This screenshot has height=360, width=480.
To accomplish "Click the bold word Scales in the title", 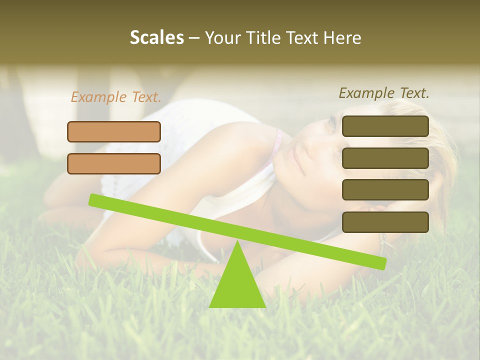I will [x=156, y=38].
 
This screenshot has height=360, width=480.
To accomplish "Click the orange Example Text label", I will [x=116, y=97].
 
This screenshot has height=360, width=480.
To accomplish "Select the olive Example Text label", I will [x=384, y=93].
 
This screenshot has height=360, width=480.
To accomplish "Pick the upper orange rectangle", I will [x=114, y=131].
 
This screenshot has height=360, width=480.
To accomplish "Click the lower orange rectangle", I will [x=114, y=163].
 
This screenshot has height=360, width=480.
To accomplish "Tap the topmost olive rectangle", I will [x=385, y=126].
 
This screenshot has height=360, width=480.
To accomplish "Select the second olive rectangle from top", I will [x=385, y=158].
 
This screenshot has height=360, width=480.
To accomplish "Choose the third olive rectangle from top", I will [x=385, y=190].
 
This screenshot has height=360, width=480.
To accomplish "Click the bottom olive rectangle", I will [x=385, y=222].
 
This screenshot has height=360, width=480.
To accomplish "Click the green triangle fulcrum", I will [x=237, y=282].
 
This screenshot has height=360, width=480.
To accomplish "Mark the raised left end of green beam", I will [x=93, y=199].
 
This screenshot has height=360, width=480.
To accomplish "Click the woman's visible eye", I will [x=331, y=122].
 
